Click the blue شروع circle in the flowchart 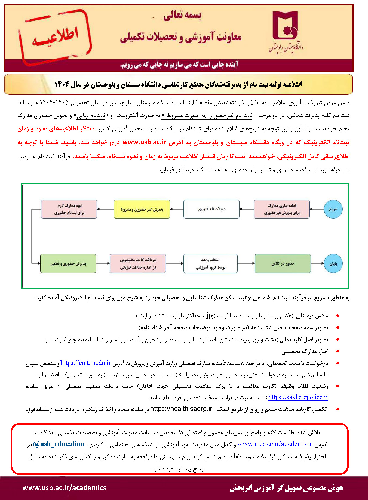(x=333, y=209)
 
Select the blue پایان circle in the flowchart (x=333, y=263)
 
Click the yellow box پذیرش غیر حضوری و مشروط (x=142, y=209)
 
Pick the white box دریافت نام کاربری (x=211, y=209)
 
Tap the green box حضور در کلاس (x=283, y=263)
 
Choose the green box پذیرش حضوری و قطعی (x=68, y=263)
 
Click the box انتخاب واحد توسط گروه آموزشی (x=210, y=263)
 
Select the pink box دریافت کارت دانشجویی (x=138, y=263)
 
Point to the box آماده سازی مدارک (x=282, y=209)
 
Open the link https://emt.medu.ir (x=85, y=363)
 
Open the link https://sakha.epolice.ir (x=298, y=397)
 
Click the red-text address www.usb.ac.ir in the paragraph (x=144, y=142)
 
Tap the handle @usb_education (x=59, y=444)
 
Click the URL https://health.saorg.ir (x=181, y=409)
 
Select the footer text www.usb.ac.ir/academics (x=64, y=487)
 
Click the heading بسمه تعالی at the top (x=182, y=15)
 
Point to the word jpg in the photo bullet (x=211, y=315)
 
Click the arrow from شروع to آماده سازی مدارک (x=317, y=209)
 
